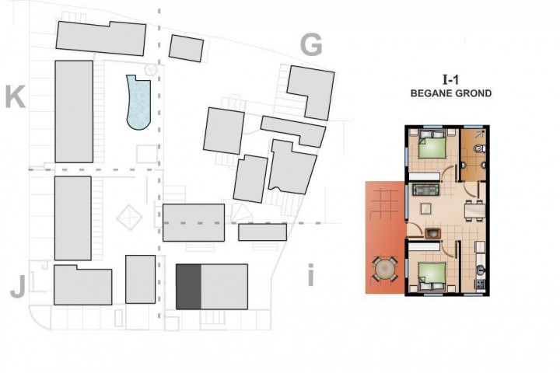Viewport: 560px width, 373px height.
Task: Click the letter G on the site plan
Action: tap(311, 45)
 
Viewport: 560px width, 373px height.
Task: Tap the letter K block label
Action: tap(16, 96)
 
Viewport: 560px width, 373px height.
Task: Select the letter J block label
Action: tap(18, 287)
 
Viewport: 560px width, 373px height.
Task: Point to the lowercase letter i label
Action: tap(310, 275)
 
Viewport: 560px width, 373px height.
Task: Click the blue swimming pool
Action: tap(138, 103)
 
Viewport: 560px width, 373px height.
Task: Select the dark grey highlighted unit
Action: tap(188, 287)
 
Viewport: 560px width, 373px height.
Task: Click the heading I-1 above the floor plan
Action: tap(450, 79)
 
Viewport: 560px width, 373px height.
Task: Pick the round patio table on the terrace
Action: tap(384, 269)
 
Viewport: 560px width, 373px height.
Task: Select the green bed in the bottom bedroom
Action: tap(432, 277)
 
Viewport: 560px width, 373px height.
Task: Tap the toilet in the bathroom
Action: tap(479, 148)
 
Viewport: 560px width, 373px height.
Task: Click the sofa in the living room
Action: tap(425, 190)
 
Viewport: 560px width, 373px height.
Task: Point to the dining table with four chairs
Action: tap(474, 211)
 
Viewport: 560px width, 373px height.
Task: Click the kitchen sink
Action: tap(481, 271)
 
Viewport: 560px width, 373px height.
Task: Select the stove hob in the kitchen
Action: tap(480, 284)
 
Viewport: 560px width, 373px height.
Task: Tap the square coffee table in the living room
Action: tap(425, 208)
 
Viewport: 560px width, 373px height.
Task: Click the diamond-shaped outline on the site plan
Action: tap(129, 217)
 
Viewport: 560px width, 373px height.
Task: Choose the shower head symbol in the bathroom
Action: tap(480, 134)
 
